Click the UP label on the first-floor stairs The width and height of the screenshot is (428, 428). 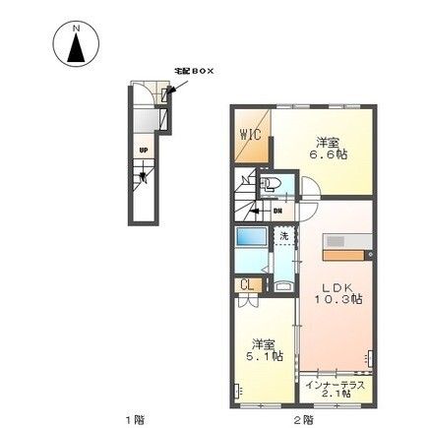(x=144, y=150)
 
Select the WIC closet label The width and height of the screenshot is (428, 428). (x=250, y=137)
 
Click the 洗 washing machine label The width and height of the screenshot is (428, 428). (x=283, y=236)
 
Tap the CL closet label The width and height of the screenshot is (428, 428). (x=249, y=285)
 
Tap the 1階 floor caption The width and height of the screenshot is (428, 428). (x=133, y=420)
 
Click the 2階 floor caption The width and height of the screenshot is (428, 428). (x=302, y=420)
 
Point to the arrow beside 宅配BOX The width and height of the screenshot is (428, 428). (x=175, y=86)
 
